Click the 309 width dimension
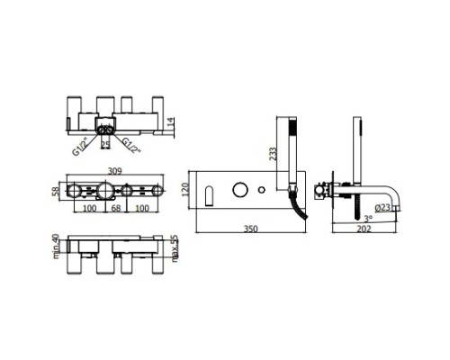pos(115,171)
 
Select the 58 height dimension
pos(55,191)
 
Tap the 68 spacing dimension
pos(116,208)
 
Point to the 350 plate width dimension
pos(250,229)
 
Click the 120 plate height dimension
pos(185,190)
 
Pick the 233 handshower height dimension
pos(273,154)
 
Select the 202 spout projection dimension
pos(364,229)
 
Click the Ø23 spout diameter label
pos(382,207)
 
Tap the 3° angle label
pos(368,219)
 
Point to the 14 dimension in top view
pos(170,121)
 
